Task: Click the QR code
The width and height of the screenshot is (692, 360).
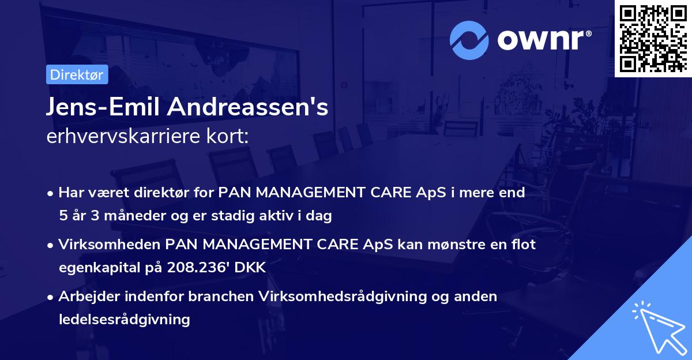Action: coord(653,38)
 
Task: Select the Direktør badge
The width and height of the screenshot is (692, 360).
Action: coord(77,75)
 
